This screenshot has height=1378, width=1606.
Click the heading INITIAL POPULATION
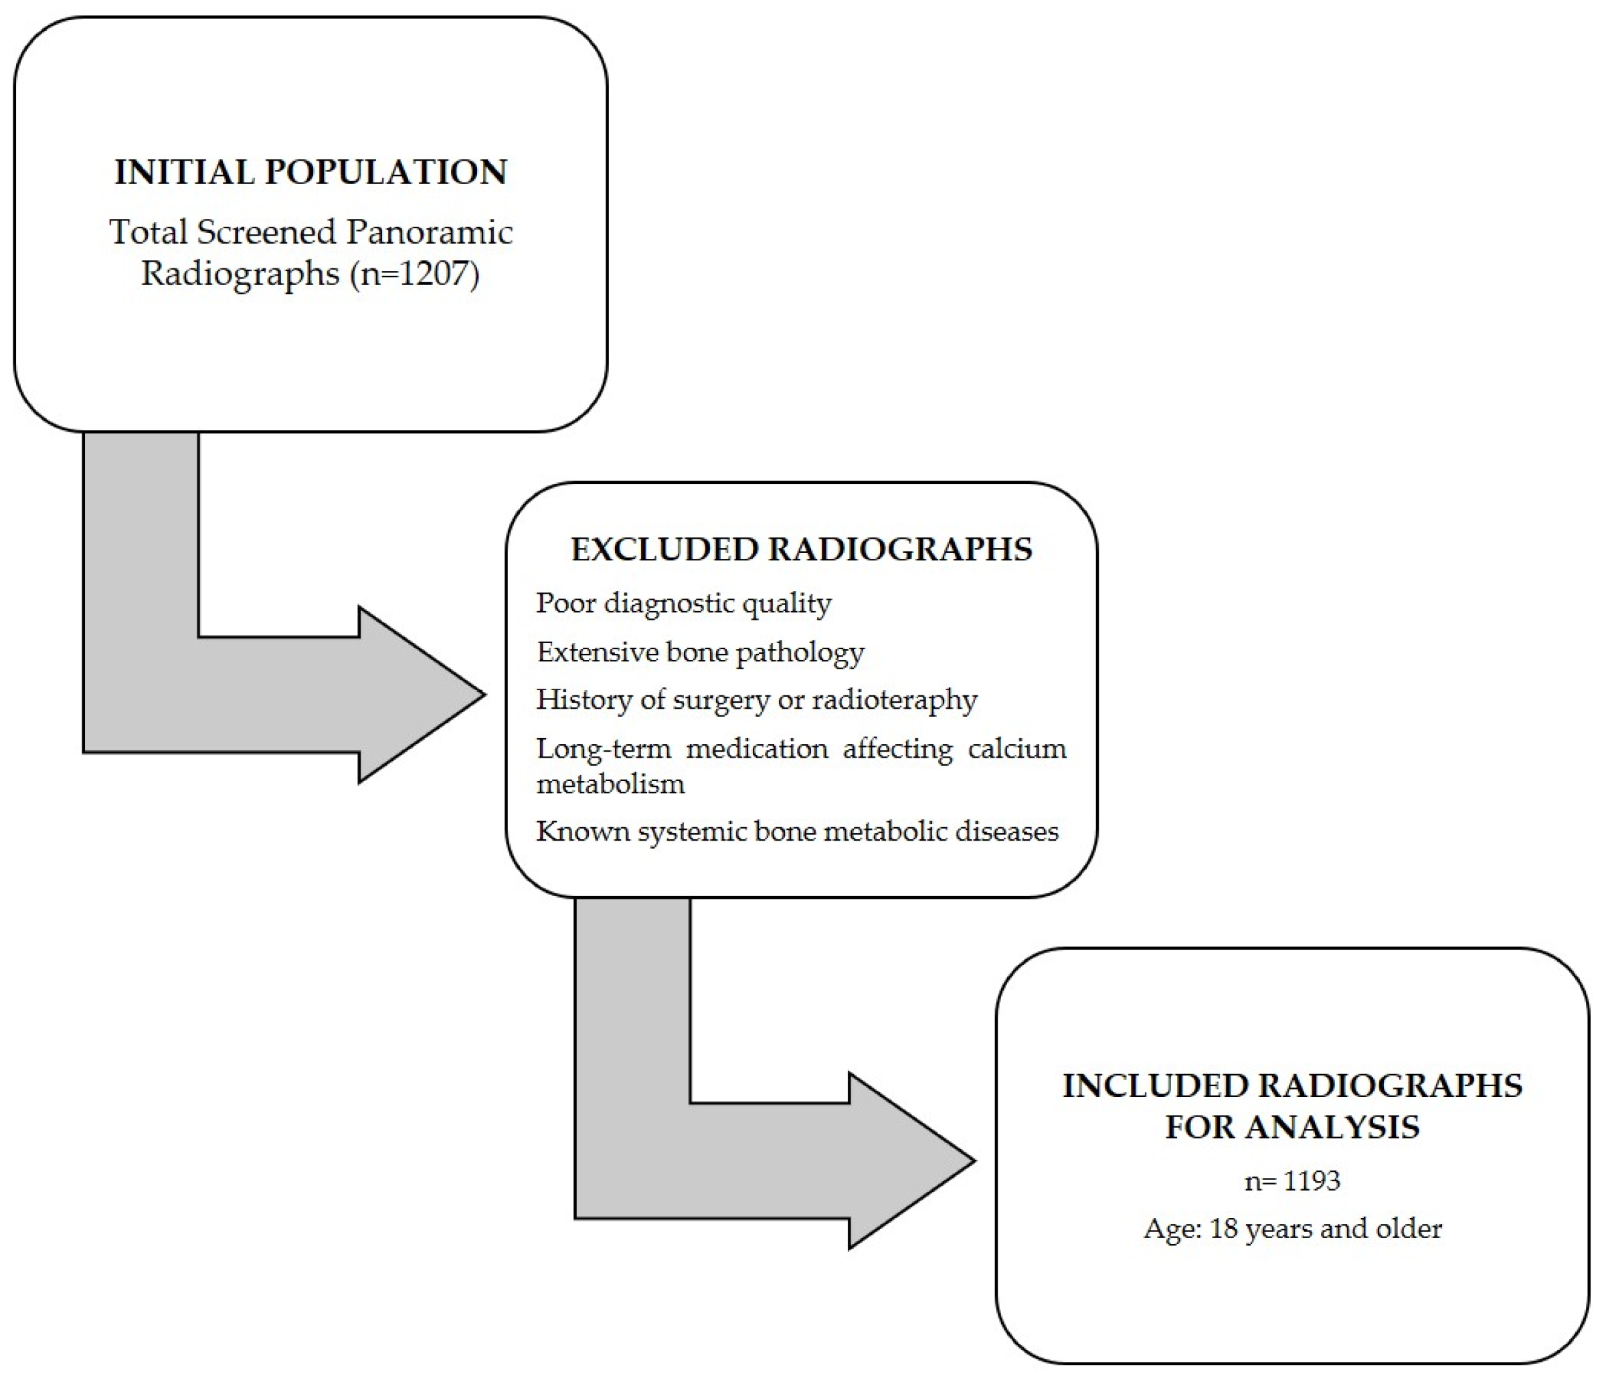(x=310, y=172)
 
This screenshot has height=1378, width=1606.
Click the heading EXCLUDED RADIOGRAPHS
(x=802, y=549)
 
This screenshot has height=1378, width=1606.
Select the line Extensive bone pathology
(x=700, y=653)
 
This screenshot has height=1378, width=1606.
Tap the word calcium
(x=1016, y=749)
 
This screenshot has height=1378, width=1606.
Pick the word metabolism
(x=611, y=784)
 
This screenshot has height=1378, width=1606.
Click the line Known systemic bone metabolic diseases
(x=797, y=832)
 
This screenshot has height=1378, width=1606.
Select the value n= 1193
(x=1292, y=1181)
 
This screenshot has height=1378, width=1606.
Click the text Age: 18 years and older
(x=1292, y=1228)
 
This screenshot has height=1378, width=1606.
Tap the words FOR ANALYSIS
(x=1292, y=1127)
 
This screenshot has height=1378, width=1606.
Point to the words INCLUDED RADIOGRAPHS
(x=1292, y=1086)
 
